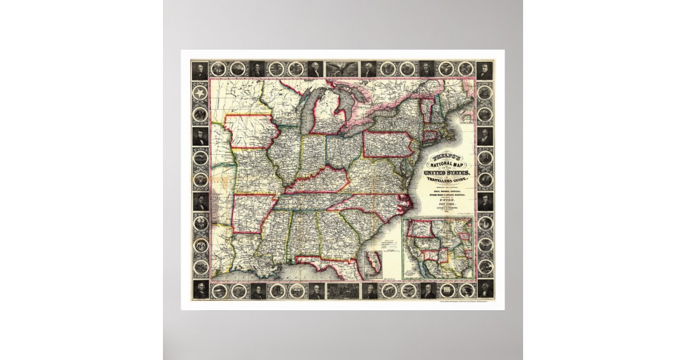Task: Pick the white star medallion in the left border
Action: pyautogui.click(x=200, y=93)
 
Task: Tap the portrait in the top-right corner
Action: pyautogui.click(x=485, y=70)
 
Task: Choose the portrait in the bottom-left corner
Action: pyautogui.click(x=200, y=290)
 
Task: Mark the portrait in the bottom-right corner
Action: pyautogui.click(x=485, y=290)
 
